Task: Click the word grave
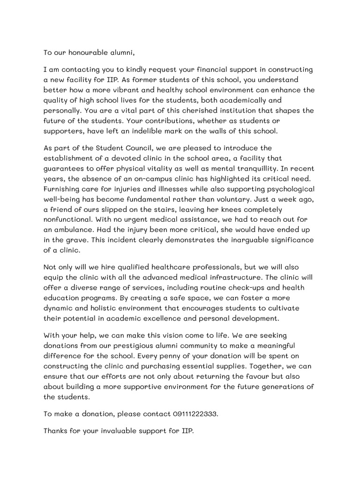coord(86,241)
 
